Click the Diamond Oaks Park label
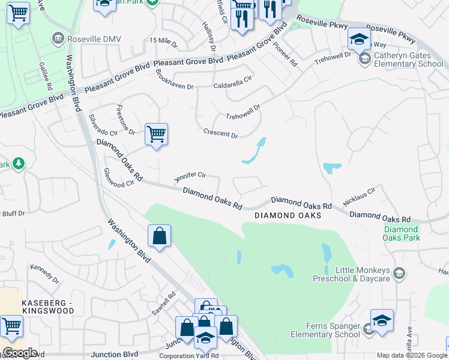(401, 233)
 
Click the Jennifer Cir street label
(190, 176)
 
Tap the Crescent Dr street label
(220, 133)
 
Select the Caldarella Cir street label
(233, 82)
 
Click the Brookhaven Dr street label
(174, 79)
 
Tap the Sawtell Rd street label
(163, 304)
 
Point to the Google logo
(19, 353)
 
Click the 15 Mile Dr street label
(164, 41)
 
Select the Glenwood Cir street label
(118, 178)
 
